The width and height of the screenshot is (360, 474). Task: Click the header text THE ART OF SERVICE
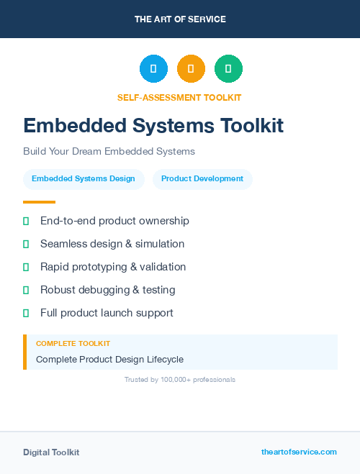[x=180, y=19]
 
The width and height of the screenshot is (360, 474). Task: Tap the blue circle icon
[x=153, y=69]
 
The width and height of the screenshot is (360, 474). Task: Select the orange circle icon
[x=191, y=69]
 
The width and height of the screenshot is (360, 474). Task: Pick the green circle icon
[x=228, y=69]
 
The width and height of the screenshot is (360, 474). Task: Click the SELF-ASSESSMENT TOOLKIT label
[x=180, y=97]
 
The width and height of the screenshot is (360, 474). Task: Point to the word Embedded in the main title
[x=66, y=126]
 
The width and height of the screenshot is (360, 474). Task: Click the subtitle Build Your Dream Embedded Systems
[x=109, y=152]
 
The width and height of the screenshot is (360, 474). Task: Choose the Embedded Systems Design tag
[x=84, y=179]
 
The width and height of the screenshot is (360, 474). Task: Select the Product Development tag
[x=202, y=179]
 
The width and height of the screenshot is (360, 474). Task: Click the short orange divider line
[x=39, y=202]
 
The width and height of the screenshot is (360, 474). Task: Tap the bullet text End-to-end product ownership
[x=114, y=221]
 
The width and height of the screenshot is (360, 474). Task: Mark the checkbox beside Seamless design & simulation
[x=26, y=245]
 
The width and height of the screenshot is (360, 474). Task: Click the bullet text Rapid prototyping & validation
[x=113, y=267]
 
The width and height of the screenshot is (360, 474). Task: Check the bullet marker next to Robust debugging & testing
[x=26, y=291]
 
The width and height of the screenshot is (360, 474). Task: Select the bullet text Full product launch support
[x=107, y=313]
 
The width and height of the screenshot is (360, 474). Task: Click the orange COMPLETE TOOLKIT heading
[x=73, y=344]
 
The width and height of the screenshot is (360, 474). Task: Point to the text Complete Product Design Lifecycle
[x=109, y=359]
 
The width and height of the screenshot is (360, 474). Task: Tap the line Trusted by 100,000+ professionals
[x=180, y=379]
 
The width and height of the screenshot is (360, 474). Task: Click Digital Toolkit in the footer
[x=51, y=452]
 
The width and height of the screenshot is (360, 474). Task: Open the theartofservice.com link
[x=299, y=452]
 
